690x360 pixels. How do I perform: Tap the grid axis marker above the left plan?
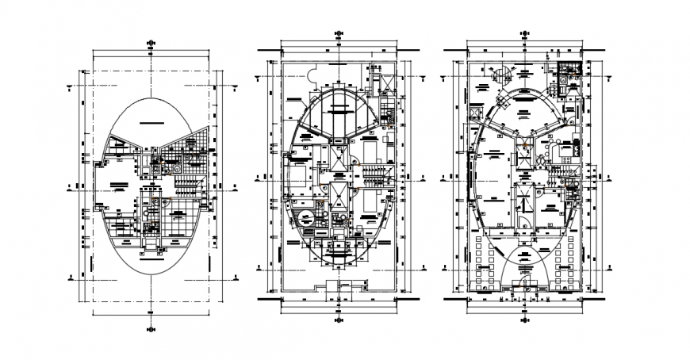[x=151, y=44]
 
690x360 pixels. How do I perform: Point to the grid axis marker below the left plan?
[x=151, y=327]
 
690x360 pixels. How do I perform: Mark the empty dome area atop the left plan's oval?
[x=151, y=119]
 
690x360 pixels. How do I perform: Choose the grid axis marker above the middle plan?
[x=339, y=33]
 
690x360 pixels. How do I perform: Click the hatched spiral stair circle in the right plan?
[x=500, y=73]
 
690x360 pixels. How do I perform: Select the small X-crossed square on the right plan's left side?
[x=475, y=113]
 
